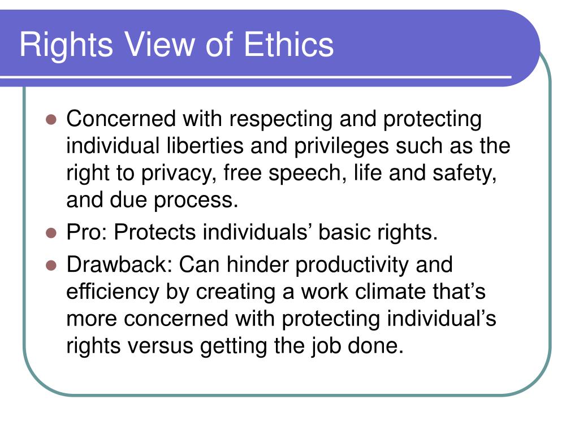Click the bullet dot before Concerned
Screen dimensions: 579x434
51,120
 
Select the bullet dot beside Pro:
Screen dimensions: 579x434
51,233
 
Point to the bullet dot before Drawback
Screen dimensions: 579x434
51,266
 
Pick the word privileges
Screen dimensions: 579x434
342,147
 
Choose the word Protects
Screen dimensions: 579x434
155,232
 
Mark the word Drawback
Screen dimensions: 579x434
119,265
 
